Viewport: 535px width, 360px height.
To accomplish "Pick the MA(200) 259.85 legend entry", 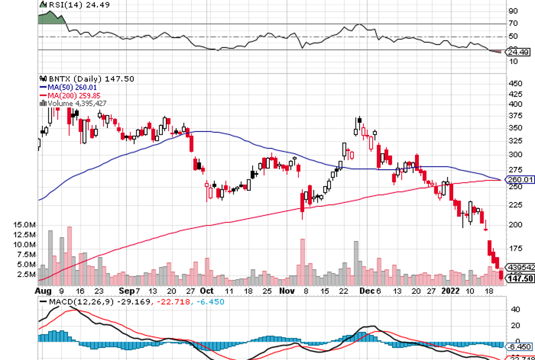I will click(x=71, y=95).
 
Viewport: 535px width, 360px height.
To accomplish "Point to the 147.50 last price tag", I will click(x=521, y=279).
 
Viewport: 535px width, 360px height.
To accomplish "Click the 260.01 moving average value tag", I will click(x=521, y=180).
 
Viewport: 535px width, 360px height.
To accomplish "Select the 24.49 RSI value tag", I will click(x=520, y=52).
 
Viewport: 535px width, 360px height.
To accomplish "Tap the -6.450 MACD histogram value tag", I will click(x=520, y=346).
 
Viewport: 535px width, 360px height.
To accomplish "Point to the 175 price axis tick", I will click(x=516, y=249).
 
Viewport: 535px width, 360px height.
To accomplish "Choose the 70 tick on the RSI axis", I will click(x=513, y=23).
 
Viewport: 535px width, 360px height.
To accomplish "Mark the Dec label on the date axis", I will click(x=365, y=290).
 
